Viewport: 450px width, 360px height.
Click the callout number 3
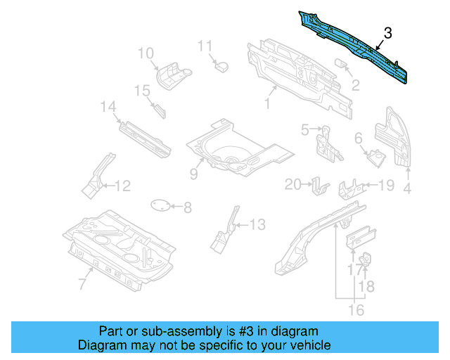click(388, 33)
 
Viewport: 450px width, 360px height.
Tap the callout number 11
click(205, 46)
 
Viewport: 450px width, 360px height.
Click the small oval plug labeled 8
click(162, 205)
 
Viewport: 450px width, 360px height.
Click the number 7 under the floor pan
click(82, 283)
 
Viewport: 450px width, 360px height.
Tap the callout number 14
click(108, 107)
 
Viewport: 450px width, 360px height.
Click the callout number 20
click(292, 184)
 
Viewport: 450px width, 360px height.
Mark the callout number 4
click(407, 188)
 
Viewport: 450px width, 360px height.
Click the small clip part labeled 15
click(158, 110)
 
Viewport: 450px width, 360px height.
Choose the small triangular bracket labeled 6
click(374, 155)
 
